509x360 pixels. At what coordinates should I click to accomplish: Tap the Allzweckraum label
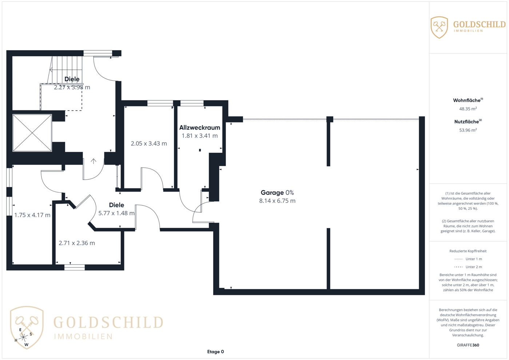(x=199, y=128)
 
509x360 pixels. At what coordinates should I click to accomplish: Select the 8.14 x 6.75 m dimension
(x=277, y=201)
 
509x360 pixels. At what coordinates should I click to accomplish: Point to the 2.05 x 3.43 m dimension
(x=149, y=144)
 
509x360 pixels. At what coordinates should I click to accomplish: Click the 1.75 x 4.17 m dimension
(x=32, y=215)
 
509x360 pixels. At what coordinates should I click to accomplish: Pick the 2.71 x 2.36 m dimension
(x=77, y=243)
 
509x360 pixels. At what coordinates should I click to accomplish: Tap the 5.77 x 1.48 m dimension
(x=116, y=213)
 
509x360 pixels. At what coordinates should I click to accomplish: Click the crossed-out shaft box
(x=32, y=133)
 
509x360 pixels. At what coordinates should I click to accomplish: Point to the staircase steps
(x=65, y=70)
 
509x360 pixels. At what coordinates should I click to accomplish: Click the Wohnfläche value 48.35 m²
(x=468, y=109)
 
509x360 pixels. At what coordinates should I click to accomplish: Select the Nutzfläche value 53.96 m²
(x=468, y=130)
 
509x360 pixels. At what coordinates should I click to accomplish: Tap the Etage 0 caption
(x=215, y=352)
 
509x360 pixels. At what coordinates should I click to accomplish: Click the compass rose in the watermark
(x=23, y=337)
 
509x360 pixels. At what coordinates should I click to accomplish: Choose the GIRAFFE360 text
(x=468, y=345)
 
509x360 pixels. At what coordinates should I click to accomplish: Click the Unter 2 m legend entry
(x=468, y=267)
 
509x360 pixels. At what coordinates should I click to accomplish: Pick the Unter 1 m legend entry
(x=468, y=259)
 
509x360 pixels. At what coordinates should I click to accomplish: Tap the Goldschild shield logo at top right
(x=439, y=28)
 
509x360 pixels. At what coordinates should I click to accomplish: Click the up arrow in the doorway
(x=94, y=161)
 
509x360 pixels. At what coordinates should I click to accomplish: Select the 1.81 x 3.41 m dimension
(x=199, y=136)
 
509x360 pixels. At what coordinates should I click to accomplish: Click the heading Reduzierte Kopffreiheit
(x=468, y=251)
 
